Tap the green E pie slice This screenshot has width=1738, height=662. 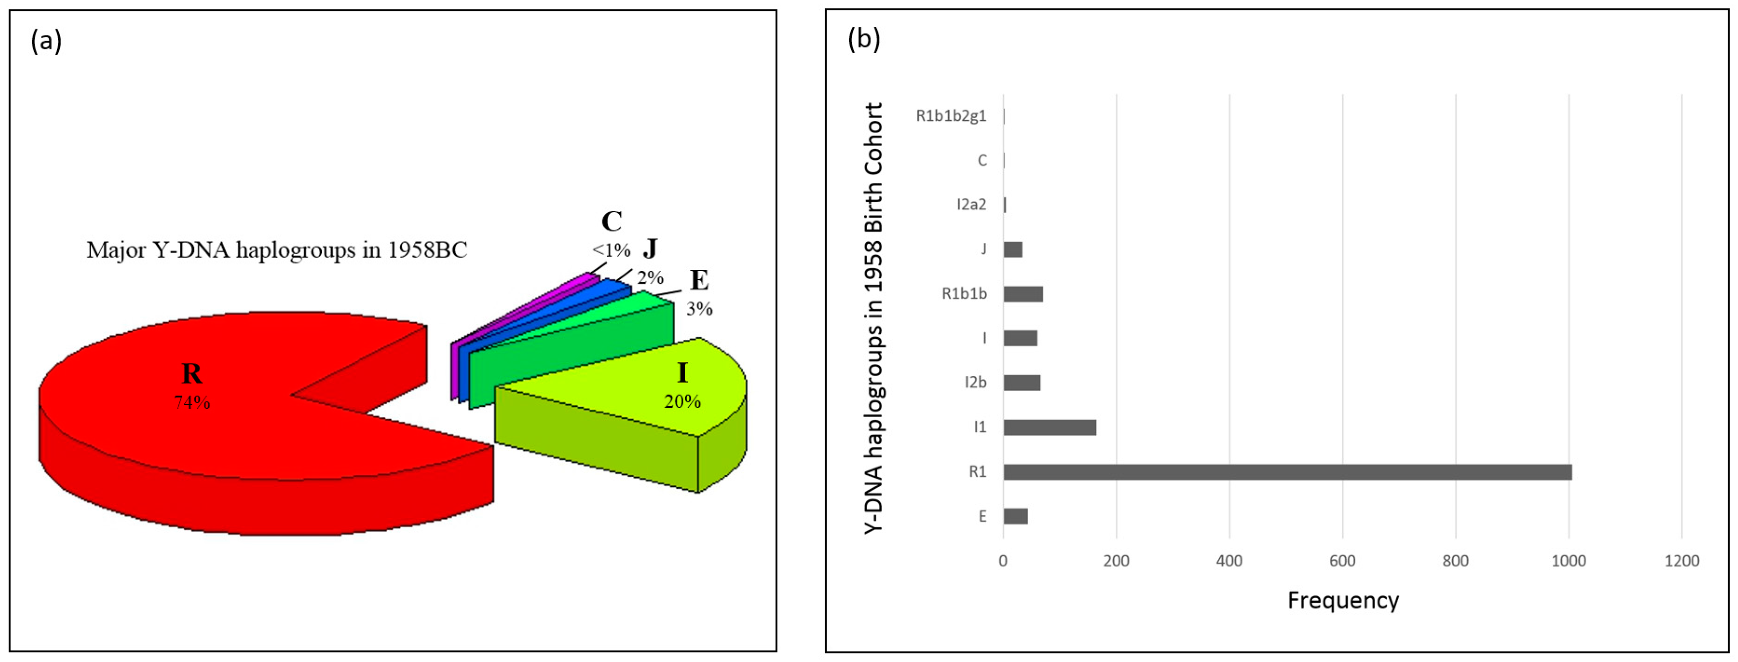point(574,351)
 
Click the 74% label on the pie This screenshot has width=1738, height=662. point(192,403)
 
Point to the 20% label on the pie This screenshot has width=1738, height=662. point(682,402)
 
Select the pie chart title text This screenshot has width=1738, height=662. point(276,250)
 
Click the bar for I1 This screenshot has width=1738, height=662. point(1049,428)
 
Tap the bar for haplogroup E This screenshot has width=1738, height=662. point(1015,517)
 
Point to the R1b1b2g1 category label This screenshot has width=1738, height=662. point(951,116)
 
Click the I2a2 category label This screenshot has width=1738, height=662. point(971,205)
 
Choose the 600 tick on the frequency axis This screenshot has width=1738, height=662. point(1342,561)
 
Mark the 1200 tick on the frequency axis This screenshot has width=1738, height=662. point(1681,561)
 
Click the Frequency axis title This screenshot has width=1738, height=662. point(1342,601)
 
